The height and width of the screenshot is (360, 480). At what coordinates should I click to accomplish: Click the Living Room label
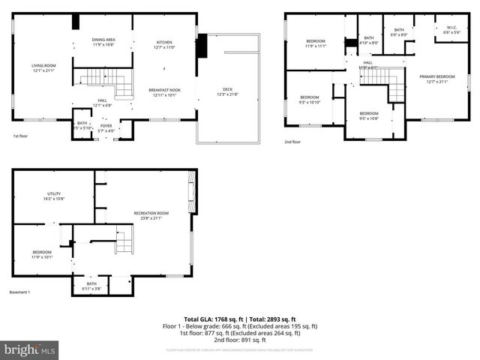(43, 68)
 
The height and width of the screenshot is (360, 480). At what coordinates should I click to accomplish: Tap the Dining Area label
(103, 42)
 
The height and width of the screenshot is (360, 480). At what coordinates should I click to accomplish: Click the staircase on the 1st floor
(96, 76)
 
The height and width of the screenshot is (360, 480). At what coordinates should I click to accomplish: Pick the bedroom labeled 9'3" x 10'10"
(310, 99)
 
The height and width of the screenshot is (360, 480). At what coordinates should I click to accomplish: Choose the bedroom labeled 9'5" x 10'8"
(368, 115)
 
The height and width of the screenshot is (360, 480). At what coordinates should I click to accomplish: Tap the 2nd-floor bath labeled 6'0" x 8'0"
(399, 32)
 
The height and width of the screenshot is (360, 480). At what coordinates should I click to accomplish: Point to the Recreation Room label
(151, 215)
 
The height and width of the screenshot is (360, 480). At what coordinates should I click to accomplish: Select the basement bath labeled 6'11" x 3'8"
(91, 286)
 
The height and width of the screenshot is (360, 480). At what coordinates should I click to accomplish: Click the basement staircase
(124, 242)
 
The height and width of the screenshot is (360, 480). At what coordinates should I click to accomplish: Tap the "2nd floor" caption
(292, 142)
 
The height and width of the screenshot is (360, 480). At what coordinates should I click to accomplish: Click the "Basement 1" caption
(19, 292)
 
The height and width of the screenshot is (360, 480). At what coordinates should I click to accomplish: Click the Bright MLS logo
(30, 349)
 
